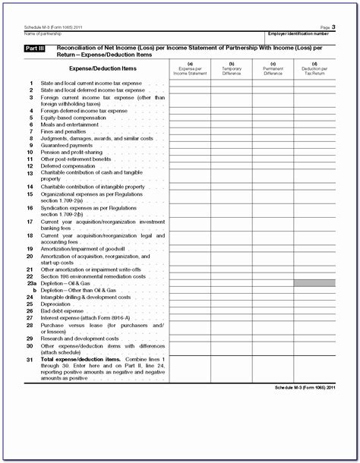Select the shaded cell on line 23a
(314, 283)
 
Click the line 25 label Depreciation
(55, 304)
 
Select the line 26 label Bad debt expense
(62, 310)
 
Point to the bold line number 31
(30, 358)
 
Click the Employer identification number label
(298, 34)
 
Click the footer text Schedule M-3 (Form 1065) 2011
(298, 387)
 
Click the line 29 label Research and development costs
(79, 339)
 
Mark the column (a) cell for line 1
(189, 83)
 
